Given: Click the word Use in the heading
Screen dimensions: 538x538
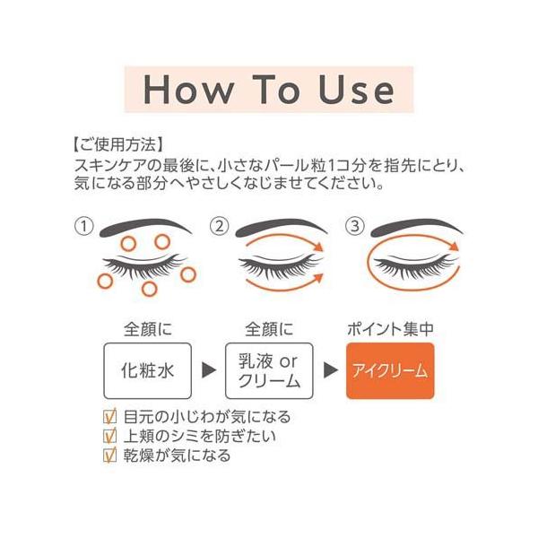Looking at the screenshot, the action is point(357,89).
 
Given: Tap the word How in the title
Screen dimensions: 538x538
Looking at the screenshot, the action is point(187,89).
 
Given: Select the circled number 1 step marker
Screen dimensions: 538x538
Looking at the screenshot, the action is point(83,227).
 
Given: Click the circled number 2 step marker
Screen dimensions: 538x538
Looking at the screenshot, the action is point(219,227).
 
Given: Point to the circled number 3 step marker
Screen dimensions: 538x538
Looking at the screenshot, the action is point(354,227).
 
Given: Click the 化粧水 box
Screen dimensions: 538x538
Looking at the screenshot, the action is point(148,370).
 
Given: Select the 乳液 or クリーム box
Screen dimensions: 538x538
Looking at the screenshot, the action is point(269,370).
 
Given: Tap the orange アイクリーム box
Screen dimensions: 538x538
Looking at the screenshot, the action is point(390,370).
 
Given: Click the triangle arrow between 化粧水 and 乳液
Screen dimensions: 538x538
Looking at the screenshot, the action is point(209,369).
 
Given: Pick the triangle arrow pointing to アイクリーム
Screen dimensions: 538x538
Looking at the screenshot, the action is point(330,369).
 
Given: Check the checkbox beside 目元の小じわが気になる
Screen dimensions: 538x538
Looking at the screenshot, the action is point(109,416).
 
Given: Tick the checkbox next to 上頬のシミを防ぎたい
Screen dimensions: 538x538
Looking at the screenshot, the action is point(109,436).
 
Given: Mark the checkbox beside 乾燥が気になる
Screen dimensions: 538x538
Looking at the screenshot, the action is point(109,455).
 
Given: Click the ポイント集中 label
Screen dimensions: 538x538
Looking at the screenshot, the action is point(390,329).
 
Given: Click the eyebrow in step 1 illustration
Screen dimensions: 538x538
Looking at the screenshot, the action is point(145,227).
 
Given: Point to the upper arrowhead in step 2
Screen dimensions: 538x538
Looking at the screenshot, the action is point(319,247).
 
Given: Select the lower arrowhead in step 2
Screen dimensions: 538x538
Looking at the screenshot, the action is point(319,277).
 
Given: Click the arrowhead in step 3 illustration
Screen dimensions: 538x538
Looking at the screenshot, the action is point(455,247).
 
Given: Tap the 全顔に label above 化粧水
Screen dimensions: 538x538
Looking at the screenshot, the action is point(148,329).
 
